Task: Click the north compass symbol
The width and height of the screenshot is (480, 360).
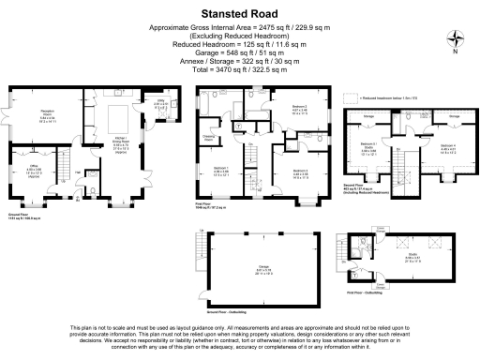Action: (456, 39)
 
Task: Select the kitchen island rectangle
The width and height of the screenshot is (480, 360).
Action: (119, 121)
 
